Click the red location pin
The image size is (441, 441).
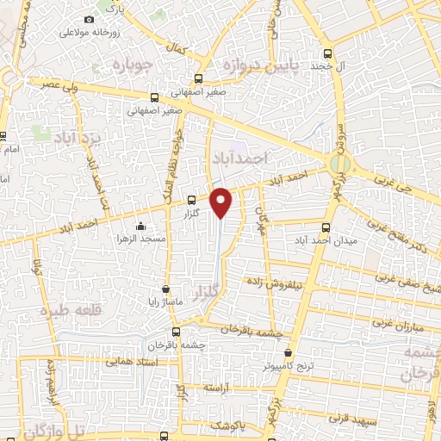221,201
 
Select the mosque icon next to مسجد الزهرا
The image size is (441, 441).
140,226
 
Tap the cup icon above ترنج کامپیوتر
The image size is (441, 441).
289,352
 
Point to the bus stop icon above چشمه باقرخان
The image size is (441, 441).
176,332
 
